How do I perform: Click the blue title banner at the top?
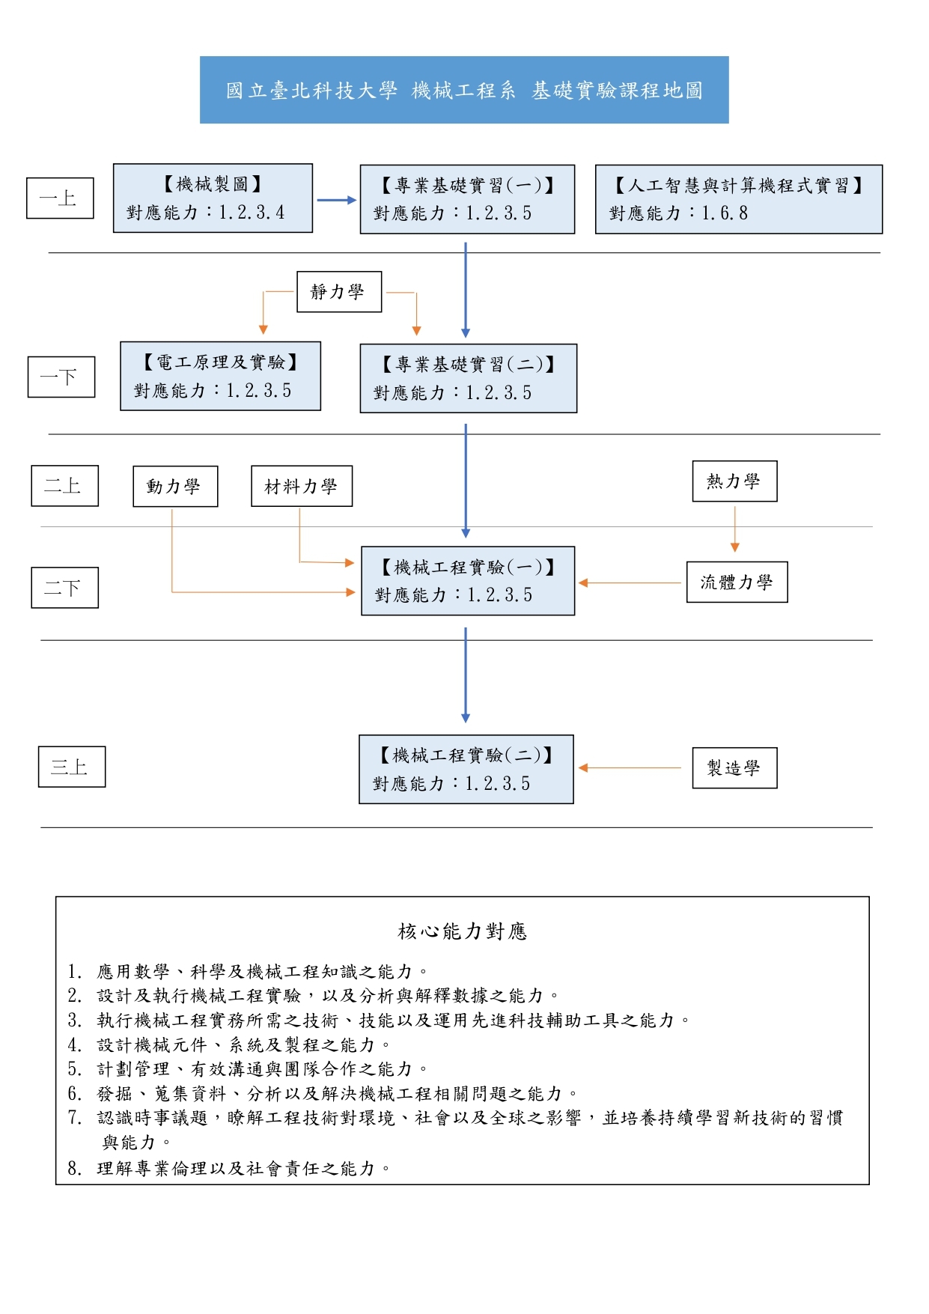click(x=464, y=90)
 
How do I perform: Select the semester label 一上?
click(x=60, y=198)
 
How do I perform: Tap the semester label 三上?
click(x=72, y=767)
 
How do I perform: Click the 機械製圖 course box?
click(x=213, y=198)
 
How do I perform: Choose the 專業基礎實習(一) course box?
click(x=467, y=199)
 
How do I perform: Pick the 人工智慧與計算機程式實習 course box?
click(x=739, y=199)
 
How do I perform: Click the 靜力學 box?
click(x=339, y=291)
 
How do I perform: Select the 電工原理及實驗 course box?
click(x=220, y=376)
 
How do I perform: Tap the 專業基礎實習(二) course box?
click(x=469, y=378)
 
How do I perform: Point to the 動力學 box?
click(x=175, y=487)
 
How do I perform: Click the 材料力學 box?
click(x=302, y=487)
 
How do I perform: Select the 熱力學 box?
click(x=734, y=481)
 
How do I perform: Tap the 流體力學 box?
click(x=737, y=582)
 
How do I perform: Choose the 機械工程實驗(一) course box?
click(x=468, y=581)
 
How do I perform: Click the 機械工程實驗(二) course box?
click(x=466, y=769)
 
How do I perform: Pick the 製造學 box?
click(x=734, y=768)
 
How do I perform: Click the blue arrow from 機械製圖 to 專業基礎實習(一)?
click(x=337, y=200)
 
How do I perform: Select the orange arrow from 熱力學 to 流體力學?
click(x=735, y=529)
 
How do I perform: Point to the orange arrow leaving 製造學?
click(x=630, y=768)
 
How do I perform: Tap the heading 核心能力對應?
click(x=463, y=931)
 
